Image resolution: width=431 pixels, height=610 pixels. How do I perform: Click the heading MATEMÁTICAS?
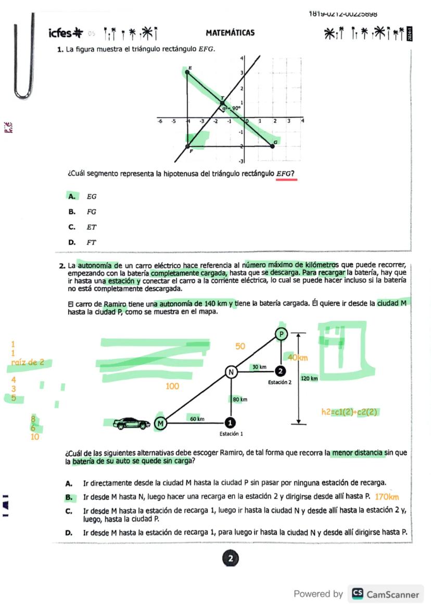click(x=230, y=33)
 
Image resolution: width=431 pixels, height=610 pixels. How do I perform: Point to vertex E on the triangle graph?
click(x=187, y=71)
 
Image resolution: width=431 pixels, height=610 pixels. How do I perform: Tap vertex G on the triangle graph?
click(x=273, y=146)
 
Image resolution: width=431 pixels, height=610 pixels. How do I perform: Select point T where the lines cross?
click(x=223, y=102)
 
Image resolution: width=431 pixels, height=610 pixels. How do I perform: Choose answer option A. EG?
click(x=82, y=196)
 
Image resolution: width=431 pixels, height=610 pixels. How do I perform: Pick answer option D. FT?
click(x=82, y=242)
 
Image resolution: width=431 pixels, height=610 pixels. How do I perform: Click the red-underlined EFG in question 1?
click(x=286, y=173)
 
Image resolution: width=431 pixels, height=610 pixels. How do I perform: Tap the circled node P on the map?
click(x=281, y=334)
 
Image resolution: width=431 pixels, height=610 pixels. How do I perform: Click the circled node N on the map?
click(x=231, y=372)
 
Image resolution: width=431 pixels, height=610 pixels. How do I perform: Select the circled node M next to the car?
click(x=161, y=424)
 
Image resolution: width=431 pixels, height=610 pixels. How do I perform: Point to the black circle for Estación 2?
click(x=281, y=371)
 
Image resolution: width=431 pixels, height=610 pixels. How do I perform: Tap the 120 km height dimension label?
click(x=309, y=378)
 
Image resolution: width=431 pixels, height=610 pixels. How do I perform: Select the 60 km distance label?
click(x=197, y=418)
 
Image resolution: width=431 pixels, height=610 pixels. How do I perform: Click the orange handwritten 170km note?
click(x=387, y=497)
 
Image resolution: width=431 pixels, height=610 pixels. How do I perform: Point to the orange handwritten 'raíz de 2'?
click(x=28, y=363)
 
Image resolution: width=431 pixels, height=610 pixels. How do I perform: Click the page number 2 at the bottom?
click(x=230, y=558)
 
